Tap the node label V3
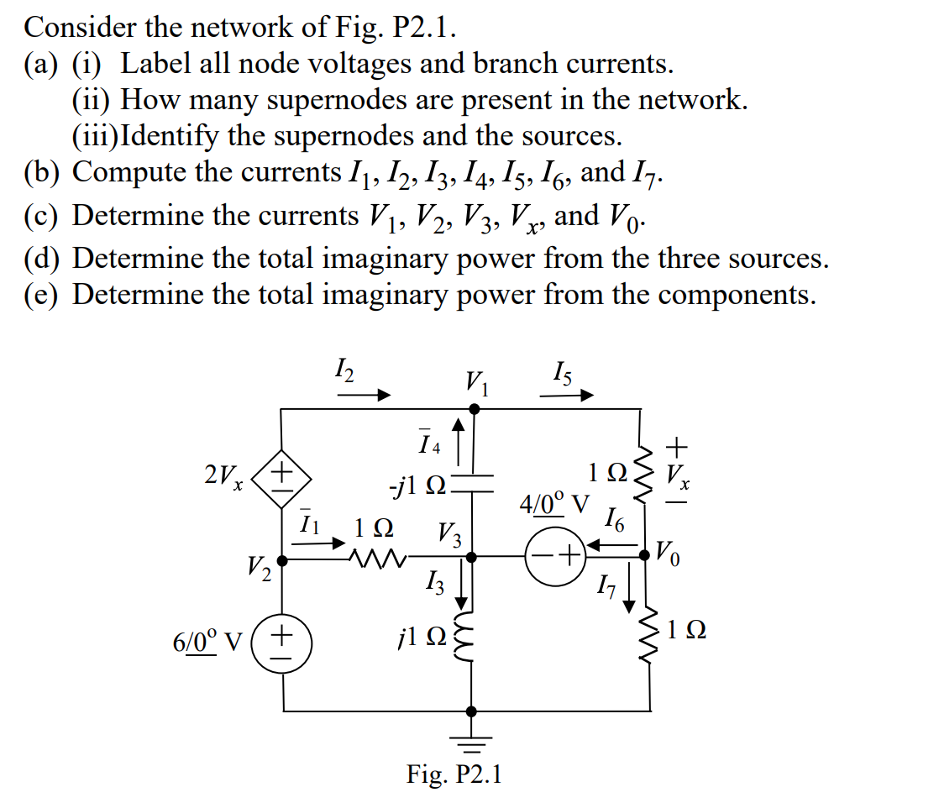pyautogui.click(x=449, y=534)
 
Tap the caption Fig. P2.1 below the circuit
pyautogui.click(x=454, y=774)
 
